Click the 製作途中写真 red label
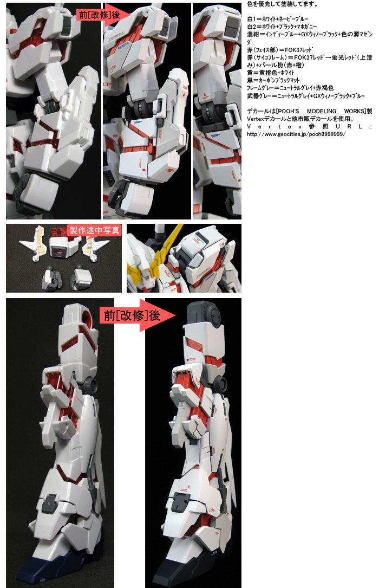click(94, 230)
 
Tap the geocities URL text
click(296, 134)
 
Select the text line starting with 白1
click(278, 19)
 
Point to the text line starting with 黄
click(270, 73)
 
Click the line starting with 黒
click(273, 80)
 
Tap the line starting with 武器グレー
click(305, 96)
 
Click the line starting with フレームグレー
click(290, 88)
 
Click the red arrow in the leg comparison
click(138, 315)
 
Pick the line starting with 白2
click(282, 27)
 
